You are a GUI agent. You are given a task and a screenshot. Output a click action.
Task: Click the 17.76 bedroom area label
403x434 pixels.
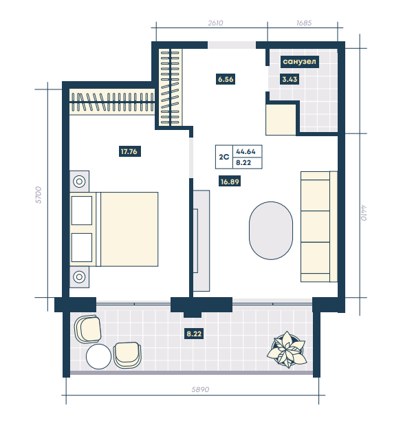point(130,151)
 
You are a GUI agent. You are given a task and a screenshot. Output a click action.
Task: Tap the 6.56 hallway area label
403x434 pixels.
point(226,79)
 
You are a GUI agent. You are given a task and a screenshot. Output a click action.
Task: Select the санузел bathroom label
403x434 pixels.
point(299,61)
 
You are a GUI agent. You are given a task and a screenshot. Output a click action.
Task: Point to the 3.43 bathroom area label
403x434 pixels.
point(290,79)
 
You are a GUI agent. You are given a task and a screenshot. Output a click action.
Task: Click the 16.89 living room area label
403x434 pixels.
point(230,182)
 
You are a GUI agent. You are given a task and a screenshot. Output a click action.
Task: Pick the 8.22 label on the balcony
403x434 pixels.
point(194,334)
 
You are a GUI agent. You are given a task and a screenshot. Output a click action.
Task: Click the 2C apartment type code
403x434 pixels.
point(224,157)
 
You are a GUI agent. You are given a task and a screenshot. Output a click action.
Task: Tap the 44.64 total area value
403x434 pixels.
point(246,152)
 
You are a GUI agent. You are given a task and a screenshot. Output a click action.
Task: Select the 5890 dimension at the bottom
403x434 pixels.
point(200,389)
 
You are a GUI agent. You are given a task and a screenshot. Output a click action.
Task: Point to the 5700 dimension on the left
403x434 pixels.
point(39,195)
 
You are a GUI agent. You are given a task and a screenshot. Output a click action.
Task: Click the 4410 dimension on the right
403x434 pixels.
point(363,213)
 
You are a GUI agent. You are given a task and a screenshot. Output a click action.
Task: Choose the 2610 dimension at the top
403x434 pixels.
point(215,23)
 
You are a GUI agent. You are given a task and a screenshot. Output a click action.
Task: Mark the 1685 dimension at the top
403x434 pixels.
point(304,23)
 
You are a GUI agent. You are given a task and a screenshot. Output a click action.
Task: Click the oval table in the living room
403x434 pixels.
point(271,230)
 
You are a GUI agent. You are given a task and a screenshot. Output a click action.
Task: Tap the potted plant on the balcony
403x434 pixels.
point(287,349)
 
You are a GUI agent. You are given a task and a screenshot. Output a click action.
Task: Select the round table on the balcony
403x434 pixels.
point(98,356)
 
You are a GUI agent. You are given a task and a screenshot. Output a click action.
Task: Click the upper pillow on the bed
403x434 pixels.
point(82,210)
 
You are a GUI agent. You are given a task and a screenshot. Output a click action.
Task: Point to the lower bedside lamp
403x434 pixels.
point(79,276)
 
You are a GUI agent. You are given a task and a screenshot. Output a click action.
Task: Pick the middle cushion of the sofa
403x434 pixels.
point(315,227)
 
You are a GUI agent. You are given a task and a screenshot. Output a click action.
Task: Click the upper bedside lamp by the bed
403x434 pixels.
point(79,182)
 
